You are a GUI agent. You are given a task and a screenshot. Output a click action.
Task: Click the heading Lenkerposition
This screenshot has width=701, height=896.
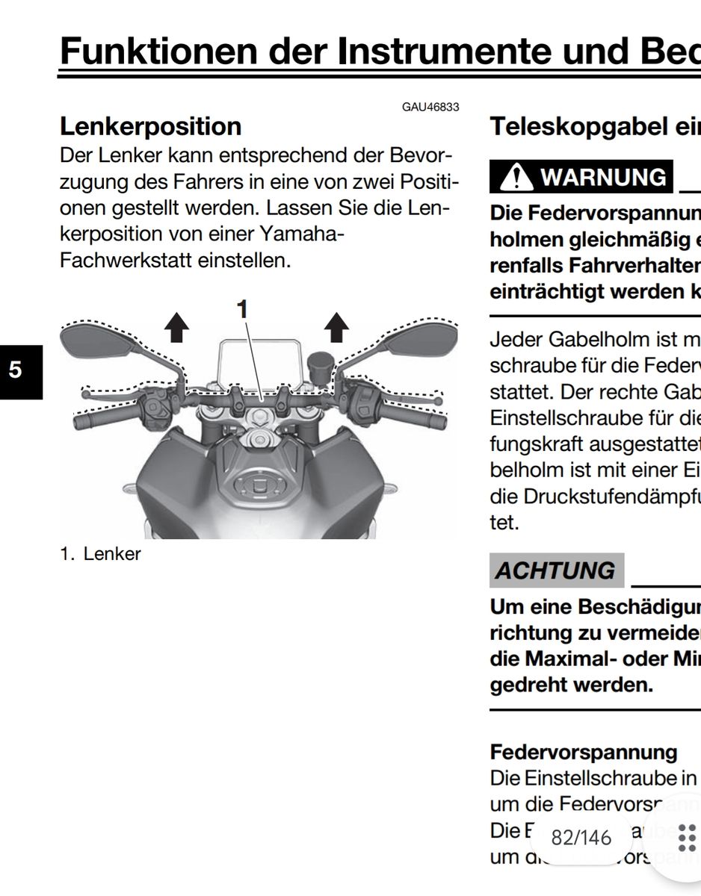click(x=150, y=126)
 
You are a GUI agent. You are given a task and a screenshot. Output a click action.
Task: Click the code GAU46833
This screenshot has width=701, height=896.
click(x=430, y=108)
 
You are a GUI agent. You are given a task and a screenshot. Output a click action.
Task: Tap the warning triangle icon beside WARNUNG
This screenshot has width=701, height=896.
click(x=514, y=178)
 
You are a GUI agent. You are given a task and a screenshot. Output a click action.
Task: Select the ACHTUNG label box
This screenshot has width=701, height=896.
click(x=557, y=570)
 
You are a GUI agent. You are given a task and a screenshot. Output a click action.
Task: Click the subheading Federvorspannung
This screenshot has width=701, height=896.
click(x=584, y=751)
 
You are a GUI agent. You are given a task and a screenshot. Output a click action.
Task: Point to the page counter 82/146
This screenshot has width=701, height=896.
click(x=581, y=838)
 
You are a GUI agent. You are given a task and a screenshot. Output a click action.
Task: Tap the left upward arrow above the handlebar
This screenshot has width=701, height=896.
click(x=176, y=326)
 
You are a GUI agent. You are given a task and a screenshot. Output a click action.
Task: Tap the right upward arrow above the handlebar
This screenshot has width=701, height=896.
click(x=338, y=326)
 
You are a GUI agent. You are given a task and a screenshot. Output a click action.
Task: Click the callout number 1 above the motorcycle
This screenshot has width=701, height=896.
click(x=241, y=308)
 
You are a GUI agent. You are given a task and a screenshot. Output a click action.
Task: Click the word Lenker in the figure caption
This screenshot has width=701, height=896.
click(x=112, y=554)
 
